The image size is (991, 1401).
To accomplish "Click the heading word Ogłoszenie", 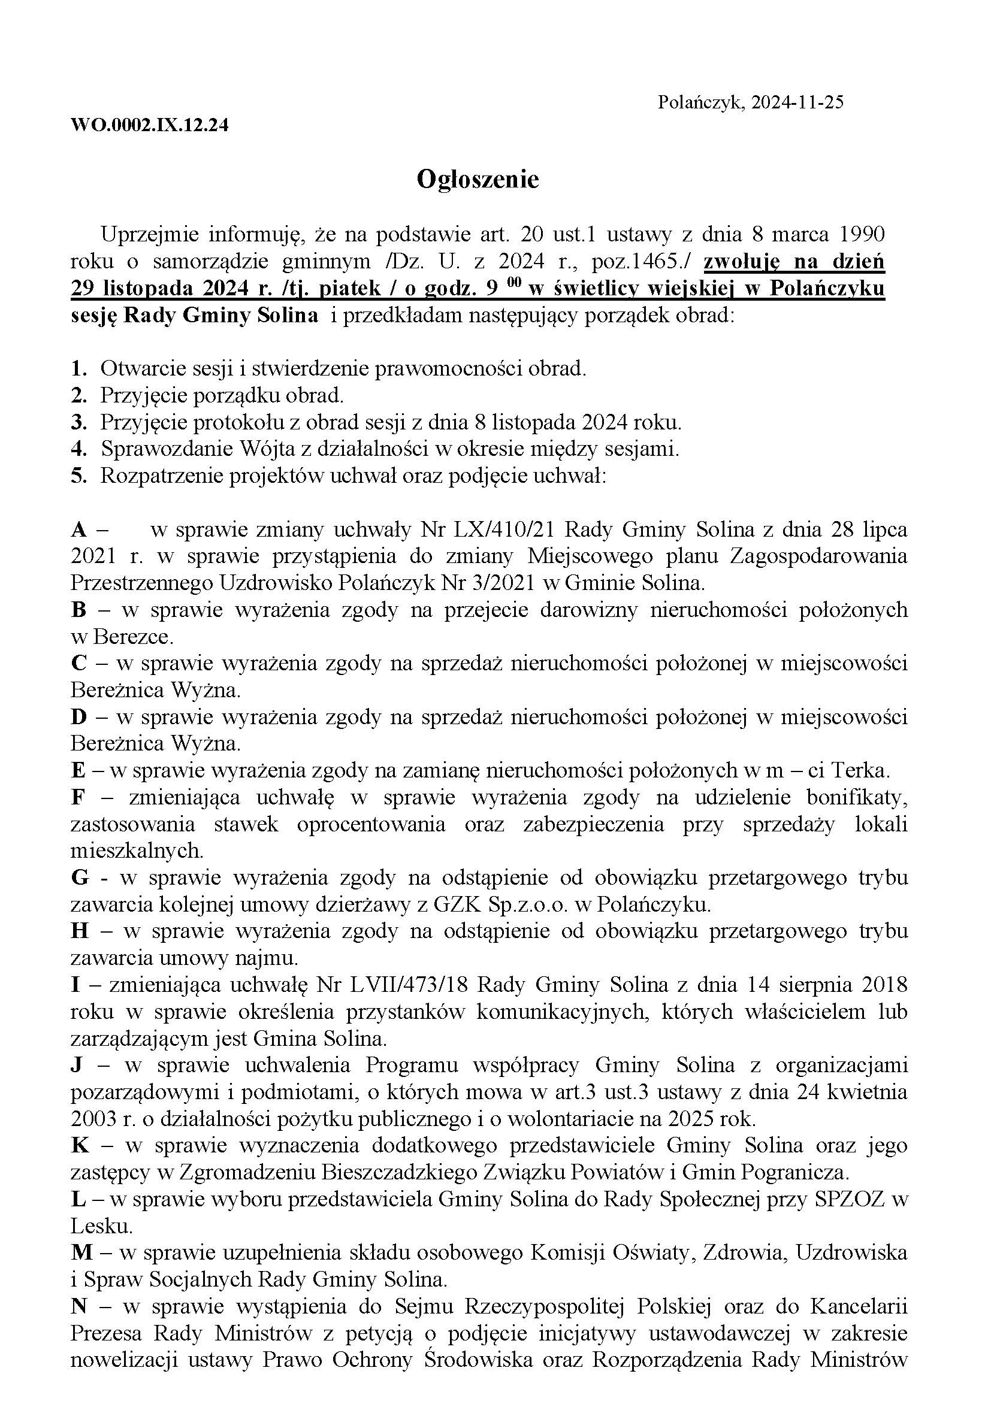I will (x=478, y=180).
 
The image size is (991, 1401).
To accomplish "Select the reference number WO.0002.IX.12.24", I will (x=150, y=125).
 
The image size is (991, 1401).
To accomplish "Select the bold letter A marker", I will (x=78, y=529).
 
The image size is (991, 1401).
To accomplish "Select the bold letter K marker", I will (x=80, y=1146).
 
